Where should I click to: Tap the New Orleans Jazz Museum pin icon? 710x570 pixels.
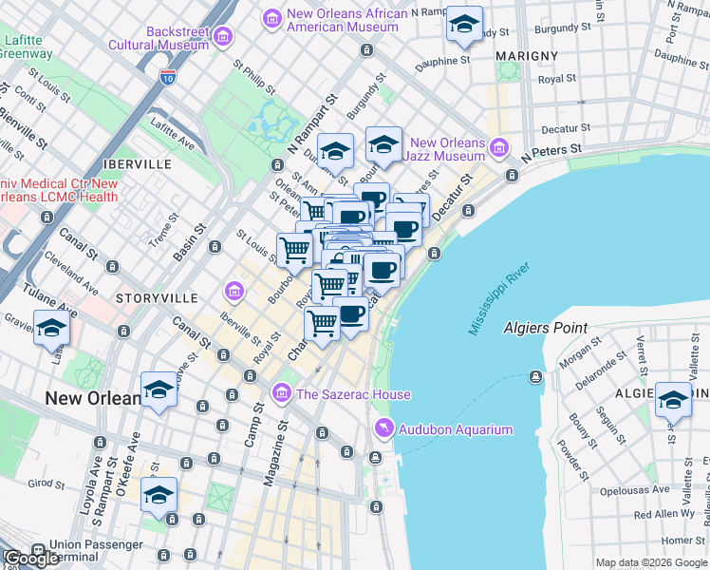point(500,149)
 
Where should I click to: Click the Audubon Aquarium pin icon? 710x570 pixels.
point(383,429)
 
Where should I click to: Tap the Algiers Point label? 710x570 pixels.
point(545,328)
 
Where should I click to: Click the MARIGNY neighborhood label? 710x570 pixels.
point(527,56)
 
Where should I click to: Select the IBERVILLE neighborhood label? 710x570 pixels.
point(141,164)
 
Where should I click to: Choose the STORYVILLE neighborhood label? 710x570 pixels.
point(156,298)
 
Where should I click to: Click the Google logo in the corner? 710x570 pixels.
point(31,559)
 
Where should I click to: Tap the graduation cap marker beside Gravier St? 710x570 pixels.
point(51,329)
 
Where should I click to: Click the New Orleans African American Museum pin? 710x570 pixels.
point(271,18)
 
